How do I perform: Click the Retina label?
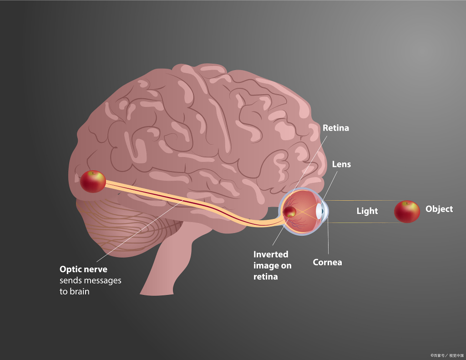[335, 128]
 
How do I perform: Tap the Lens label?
[341, 164]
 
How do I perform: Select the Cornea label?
[327, 262]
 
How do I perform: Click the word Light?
[367, 211]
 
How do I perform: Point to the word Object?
[439, 209]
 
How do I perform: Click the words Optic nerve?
[83, 269]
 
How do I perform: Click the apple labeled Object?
[407, 211]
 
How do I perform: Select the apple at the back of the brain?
[93, 181]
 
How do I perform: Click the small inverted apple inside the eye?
[289, 212]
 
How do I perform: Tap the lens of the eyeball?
[319, 211]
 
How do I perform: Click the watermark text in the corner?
[447, 355]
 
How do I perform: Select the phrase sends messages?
[91, 280]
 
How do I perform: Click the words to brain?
[74, 291]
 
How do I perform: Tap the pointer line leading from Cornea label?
[328, 237]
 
